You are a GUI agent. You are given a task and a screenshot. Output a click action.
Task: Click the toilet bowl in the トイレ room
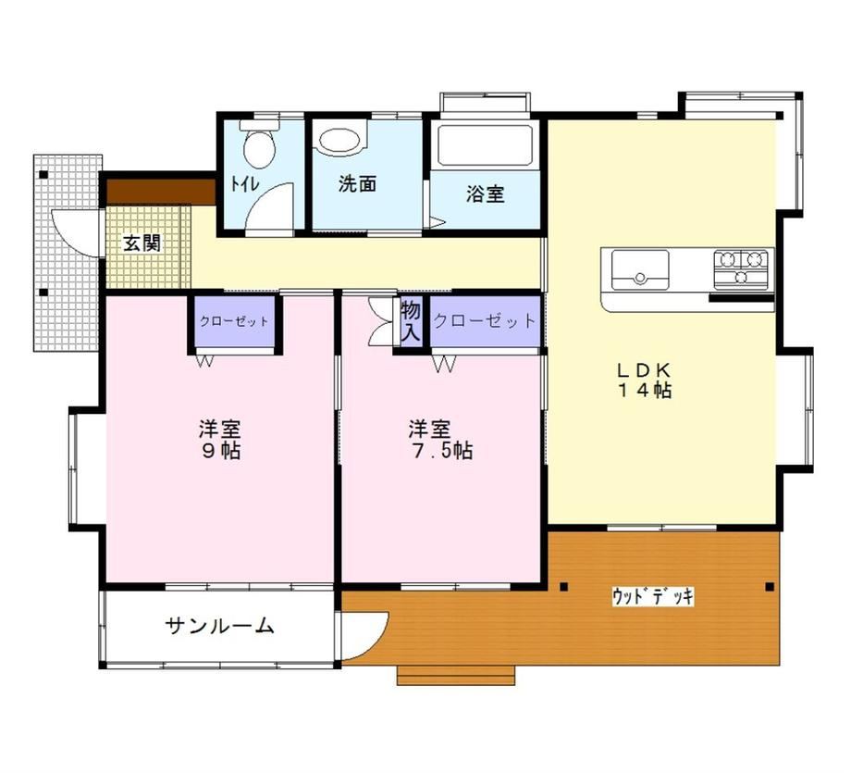(x=258, y=144)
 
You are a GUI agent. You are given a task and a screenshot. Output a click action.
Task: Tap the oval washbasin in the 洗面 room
(x=339, y=141)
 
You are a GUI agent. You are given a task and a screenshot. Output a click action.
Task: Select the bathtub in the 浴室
(x=485, y=145)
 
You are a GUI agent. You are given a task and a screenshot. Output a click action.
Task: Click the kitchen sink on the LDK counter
(x=640, y=270)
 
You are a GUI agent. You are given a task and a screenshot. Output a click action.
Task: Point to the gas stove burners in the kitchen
(x=741, y=268)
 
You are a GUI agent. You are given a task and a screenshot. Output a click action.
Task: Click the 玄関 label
(x=142, y=243)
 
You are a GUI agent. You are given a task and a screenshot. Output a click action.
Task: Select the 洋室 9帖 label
(x=220, y=440)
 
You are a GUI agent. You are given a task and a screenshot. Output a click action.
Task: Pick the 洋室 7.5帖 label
(x=440, y=440)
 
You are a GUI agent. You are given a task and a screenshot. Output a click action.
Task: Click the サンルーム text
(x=219, y=626)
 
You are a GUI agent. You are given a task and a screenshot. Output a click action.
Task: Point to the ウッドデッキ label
(x=653, y=596)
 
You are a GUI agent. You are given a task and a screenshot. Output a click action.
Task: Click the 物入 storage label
(x=411, y=321)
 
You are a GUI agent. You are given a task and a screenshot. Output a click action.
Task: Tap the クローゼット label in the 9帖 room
(x=234, y=321)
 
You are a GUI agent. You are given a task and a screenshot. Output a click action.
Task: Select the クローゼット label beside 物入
(x=485, y=321)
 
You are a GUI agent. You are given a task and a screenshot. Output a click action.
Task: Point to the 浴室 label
(x=486, y=193)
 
